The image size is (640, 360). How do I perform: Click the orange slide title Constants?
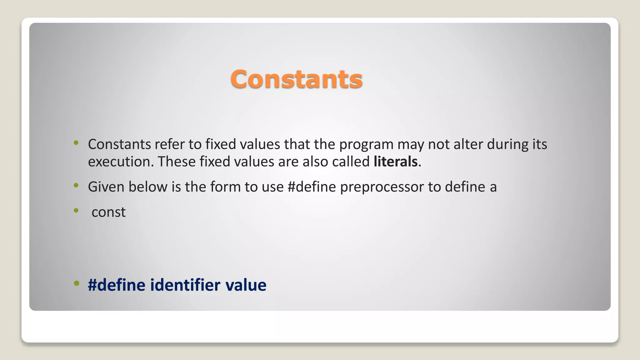tap(296, 79)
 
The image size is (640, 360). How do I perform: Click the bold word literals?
tap(396, 162)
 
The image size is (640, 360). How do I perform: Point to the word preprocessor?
tap(382, 187)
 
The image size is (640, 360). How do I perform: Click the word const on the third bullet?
tap(108, 212)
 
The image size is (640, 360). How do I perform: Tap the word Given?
tap(106, 187)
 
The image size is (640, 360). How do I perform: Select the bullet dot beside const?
tap(76, 210)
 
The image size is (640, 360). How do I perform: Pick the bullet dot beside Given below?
tap(76, 185)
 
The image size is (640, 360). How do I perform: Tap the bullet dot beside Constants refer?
tap(76, 143)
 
